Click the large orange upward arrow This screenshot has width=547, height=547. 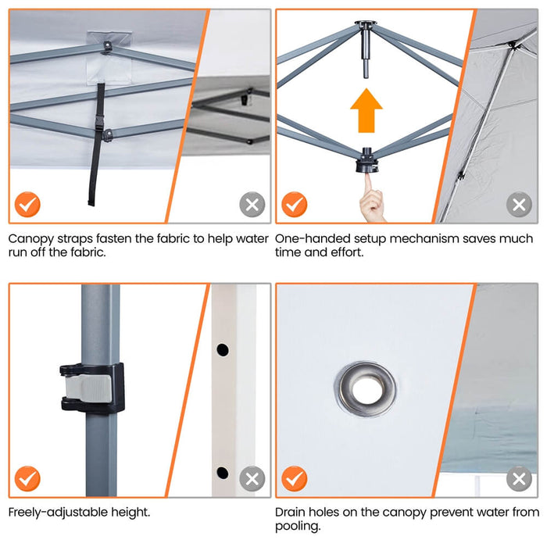click(366, 110)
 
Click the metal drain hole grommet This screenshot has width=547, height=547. click(366, 389)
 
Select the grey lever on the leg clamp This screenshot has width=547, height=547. click(88, 388)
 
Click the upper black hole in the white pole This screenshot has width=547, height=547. click(223, 349)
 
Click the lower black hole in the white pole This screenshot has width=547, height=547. click(223, 473)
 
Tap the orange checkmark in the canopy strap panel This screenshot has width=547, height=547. click(27, 205)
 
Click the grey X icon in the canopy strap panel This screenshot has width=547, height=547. click(252, 205)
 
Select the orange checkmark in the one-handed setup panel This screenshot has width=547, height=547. click(295, 205)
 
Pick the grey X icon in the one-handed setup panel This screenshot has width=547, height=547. click(519, 205)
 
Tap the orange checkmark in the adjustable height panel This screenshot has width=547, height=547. click(27, 478)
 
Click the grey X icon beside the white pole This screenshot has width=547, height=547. click(252, 478)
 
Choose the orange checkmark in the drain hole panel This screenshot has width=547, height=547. click(295, 478)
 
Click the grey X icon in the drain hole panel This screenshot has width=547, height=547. click(519, 478)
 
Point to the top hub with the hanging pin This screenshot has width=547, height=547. click(366, 42)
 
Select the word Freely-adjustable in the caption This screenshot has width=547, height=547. click(59, 513)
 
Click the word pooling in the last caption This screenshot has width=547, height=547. click(298, 527)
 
